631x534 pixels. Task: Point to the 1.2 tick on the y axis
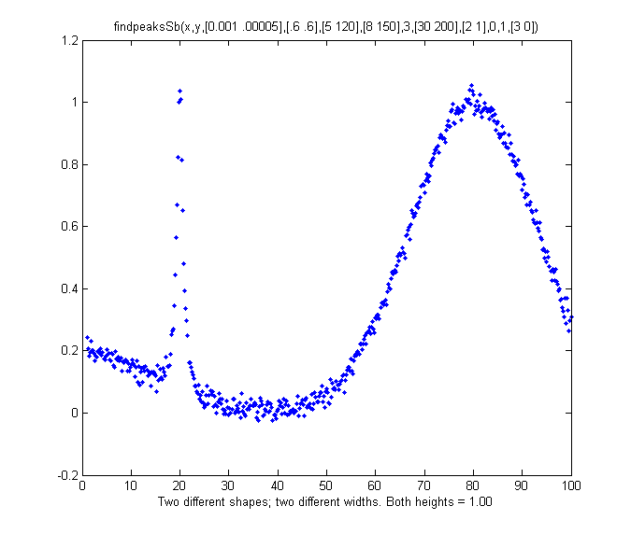(x=69, y=41)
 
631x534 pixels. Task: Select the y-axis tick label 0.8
(x=69, y=165)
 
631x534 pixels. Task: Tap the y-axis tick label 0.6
(x=69, y=227)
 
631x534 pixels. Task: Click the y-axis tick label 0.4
(x=69, y=288)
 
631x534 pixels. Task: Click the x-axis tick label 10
(x=131, y=485)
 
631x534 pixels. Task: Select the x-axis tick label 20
(x=179, y=485)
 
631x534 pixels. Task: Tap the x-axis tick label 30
(x=228, y=485)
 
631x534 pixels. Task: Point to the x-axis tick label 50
(x=326, y=485)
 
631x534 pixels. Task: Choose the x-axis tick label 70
(x=424, y=485)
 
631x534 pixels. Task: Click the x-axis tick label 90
(x=522, y=485)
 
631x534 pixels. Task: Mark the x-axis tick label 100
(x=571, y=485)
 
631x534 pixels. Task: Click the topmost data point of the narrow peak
(x=179, y=91)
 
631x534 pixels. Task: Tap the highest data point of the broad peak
(x=471, y=85)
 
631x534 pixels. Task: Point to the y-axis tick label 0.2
(x=69, y=350)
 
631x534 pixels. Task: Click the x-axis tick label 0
(x=82, y=485)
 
